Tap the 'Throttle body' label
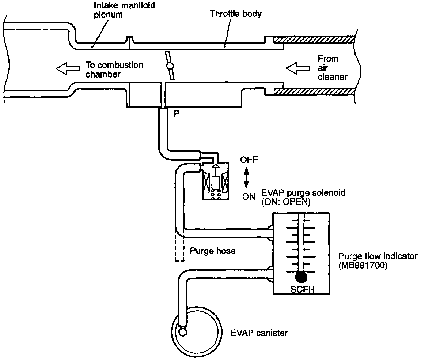[x=235, y=14]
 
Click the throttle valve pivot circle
[x=169, y=66]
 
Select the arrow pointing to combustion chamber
[x=68, y=68]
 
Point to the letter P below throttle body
[x=176, y=114]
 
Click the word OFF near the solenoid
[x=249, y=160]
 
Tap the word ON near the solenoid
[x=249, y=196]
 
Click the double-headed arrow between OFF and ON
[x=246, y=178]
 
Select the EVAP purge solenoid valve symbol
[x=216, y=181]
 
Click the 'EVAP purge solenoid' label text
[x=303, y=193]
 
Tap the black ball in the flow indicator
[x=301, y=277]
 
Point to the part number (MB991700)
[x=363, y=265]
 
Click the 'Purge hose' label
[x=212, y=251]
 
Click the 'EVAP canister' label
[x=259, y=333]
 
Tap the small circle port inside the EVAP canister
[x=183, y=331]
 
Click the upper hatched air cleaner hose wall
[x=314, y=39]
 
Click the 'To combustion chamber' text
[x=114, y=70]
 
